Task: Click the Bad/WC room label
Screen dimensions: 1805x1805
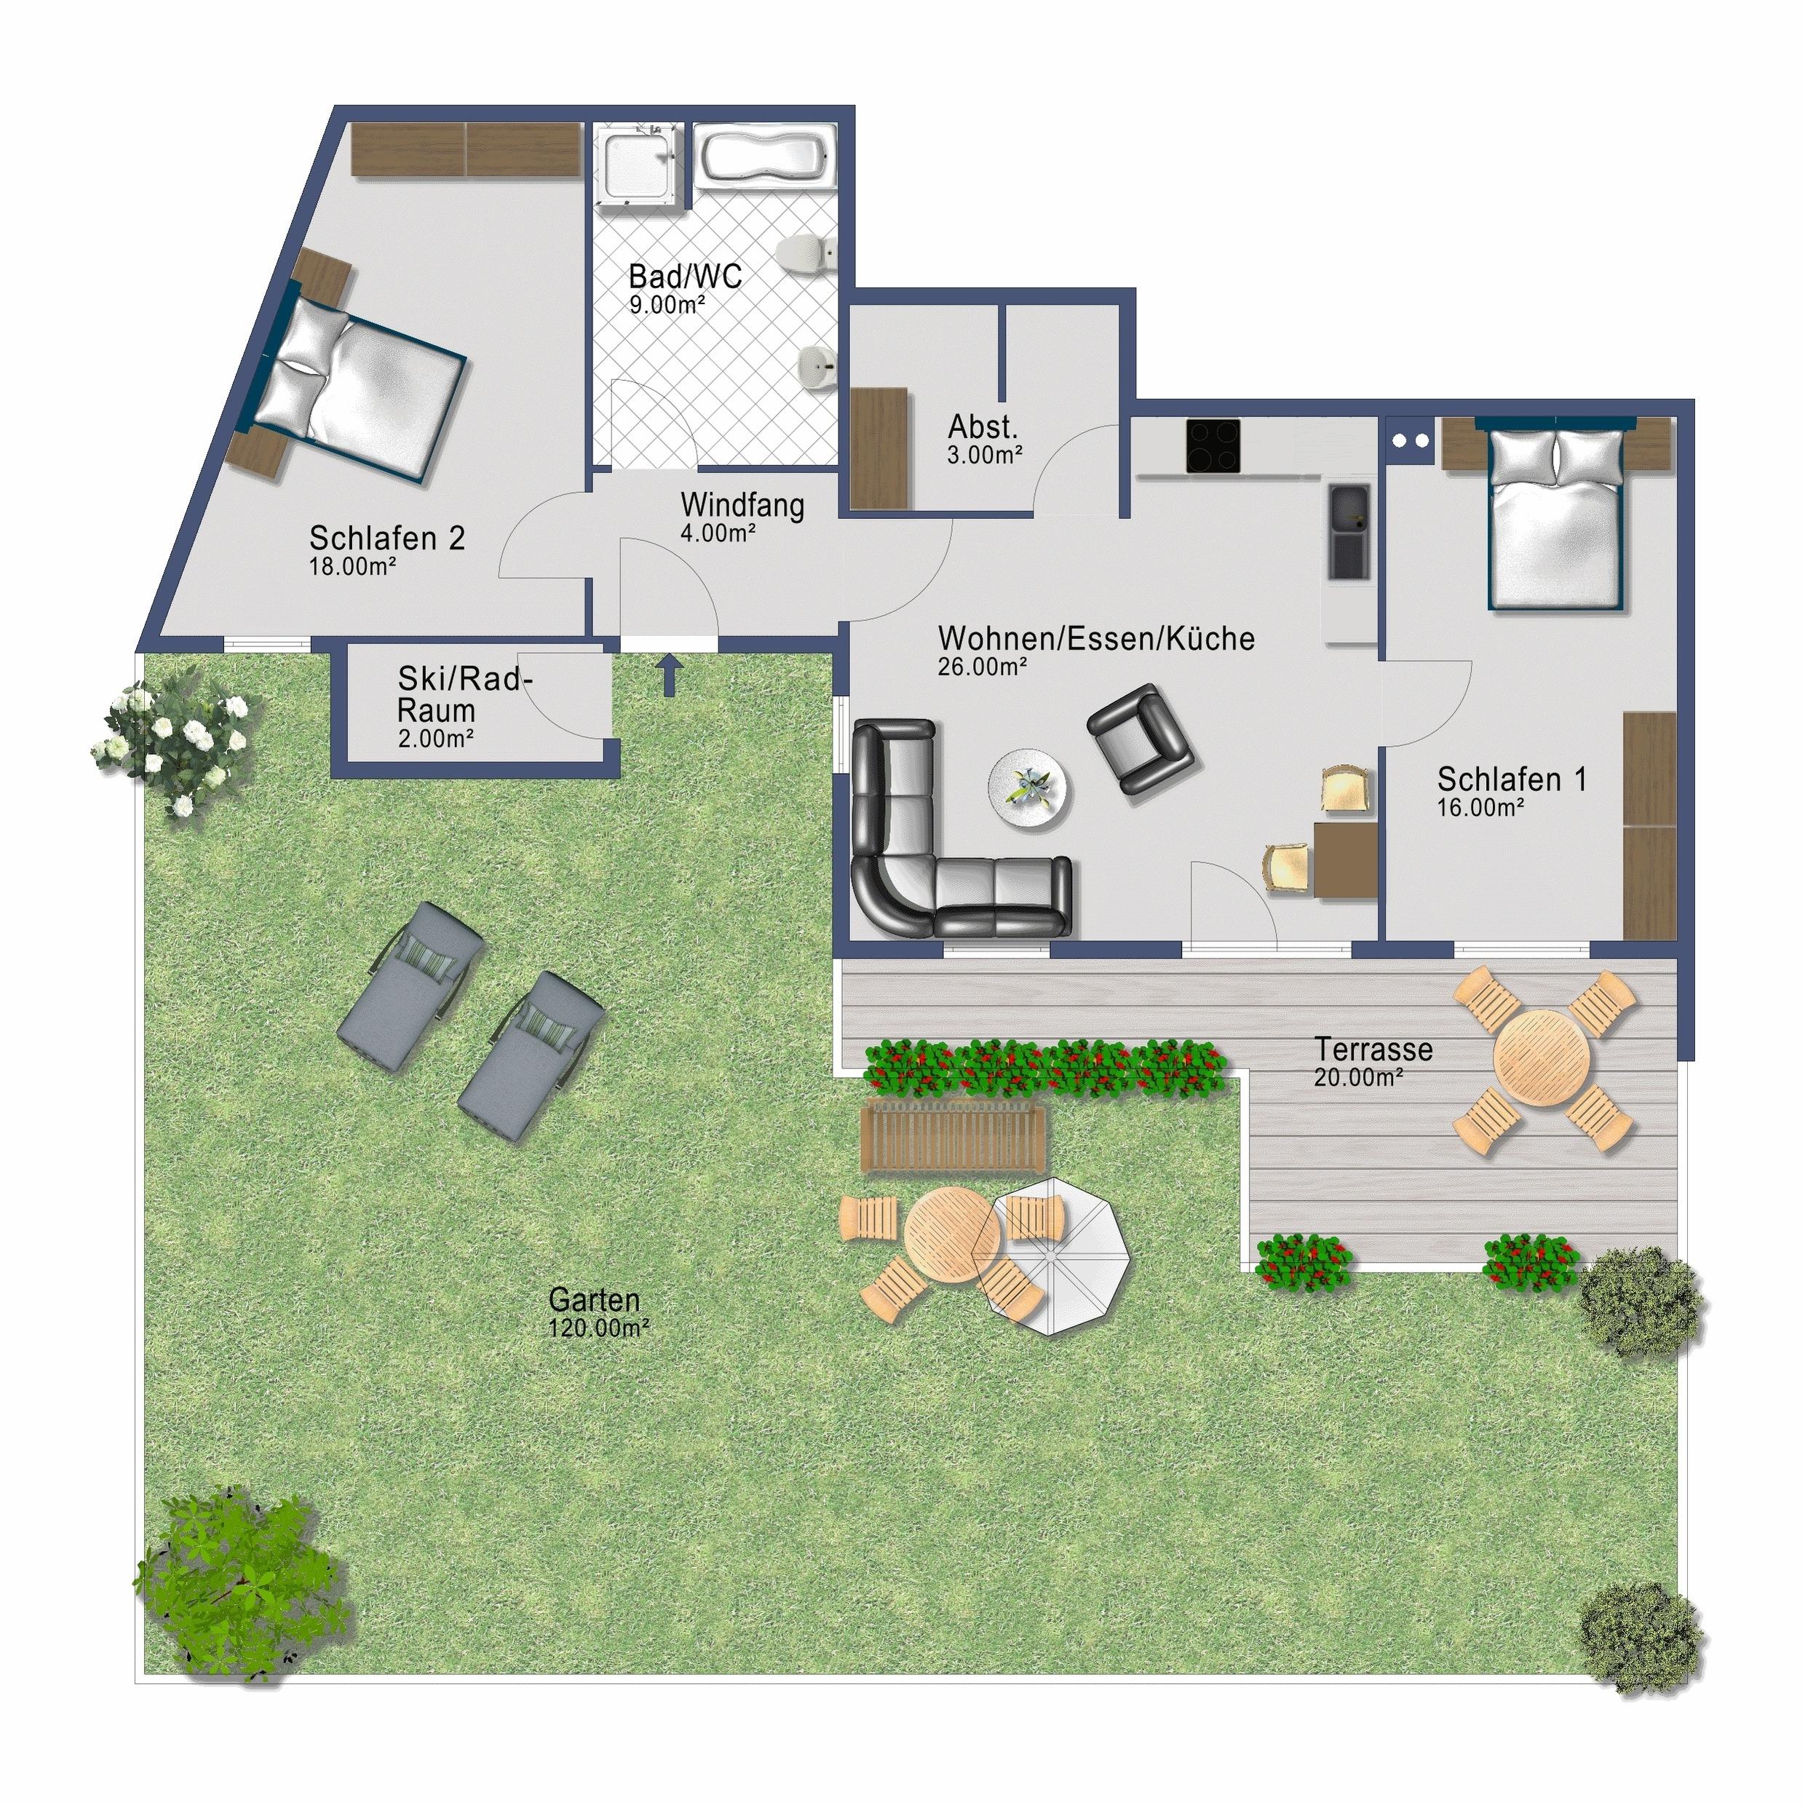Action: [685, 277]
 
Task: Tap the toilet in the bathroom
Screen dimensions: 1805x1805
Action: [804, 250]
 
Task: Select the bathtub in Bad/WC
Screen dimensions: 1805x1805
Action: [765, 158]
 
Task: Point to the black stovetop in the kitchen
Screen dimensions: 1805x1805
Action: [1213, 445]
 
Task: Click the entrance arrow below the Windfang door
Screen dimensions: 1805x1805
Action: [669, 675]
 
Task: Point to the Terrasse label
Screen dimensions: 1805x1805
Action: [1373, 1048]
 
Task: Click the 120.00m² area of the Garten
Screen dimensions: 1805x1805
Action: [599, 1328]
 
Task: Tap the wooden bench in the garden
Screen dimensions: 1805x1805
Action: [953, 1135]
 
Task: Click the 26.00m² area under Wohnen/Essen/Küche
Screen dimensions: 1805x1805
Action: [983, 666]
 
